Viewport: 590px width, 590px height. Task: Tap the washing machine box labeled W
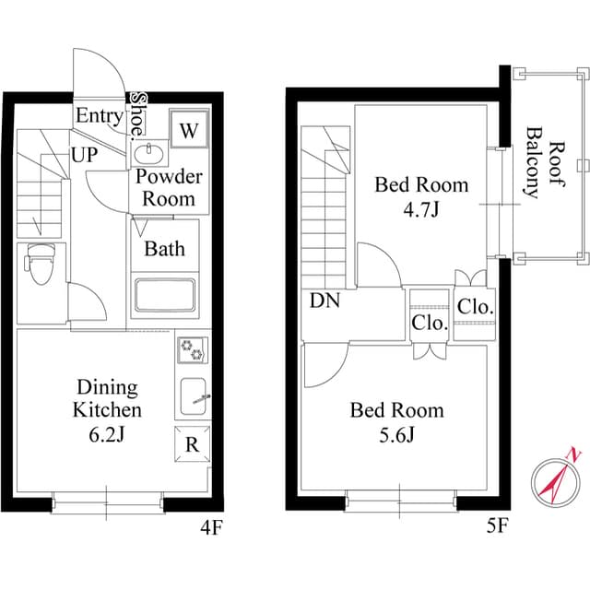(x=189, y=130)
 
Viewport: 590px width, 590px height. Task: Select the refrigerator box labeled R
(x=191, y=443)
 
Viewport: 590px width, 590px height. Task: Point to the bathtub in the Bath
(x=165, y=296)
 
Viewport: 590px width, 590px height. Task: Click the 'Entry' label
(x=100, y=116)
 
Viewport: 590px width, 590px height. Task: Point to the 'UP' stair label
(x=85, y=155)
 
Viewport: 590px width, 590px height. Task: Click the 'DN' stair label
(x=324, y=301)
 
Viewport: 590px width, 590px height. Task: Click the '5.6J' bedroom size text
(x=396, y=434)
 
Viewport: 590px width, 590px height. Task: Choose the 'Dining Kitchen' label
(x=109, y=398)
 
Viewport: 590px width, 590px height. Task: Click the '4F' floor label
(x=213, y=528)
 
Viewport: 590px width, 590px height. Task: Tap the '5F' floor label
(x=499, y=528)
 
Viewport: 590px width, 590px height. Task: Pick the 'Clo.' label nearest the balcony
(x=476, y=306)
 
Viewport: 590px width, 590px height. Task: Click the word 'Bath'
(x=164, y=248)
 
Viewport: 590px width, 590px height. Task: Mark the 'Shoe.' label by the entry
(x=138, y=114)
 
